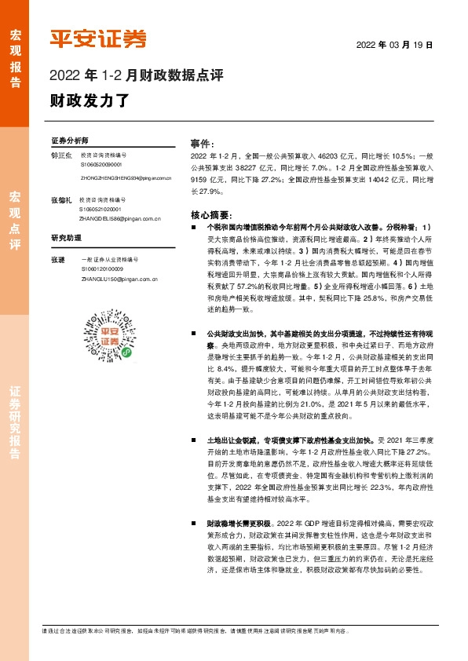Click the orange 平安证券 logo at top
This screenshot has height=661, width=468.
[98, 37]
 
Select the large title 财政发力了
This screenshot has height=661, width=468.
[79, 100]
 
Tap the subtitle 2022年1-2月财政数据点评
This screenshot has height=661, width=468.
[137, 76]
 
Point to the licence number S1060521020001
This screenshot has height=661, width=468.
[101, 210]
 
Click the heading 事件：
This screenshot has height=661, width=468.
[203, 144]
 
